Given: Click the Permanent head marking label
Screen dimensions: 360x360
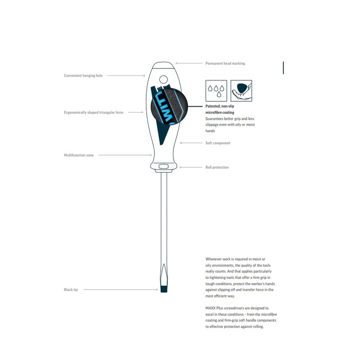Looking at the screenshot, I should coord(225,63).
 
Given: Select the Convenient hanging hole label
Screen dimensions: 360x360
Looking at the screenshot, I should coord(83,76).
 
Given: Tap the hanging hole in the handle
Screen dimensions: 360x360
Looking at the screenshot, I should coord(163,80).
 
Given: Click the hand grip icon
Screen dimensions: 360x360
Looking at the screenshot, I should coord(241,91).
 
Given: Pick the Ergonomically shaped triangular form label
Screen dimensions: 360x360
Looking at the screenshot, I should coord(94,112).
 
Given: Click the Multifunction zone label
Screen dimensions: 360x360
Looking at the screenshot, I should coord(79,155).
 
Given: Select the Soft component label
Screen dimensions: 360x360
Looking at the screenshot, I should coord(218,143).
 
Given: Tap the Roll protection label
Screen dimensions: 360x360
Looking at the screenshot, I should coord(217,167).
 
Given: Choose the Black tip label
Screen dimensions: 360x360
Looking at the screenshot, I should coord(71,290).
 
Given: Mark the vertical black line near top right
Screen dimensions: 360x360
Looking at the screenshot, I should coord(283,68).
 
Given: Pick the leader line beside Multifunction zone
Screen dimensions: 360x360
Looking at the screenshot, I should coord(124,155).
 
